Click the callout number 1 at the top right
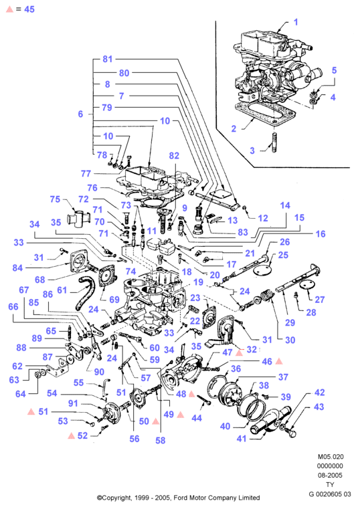tap(296, 22)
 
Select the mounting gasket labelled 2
tap(264, 115)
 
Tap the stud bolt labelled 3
tap(274, 142)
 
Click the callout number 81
tap(107, 59)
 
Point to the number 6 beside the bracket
tap(80, 114)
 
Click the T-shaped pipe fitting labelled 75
tap(78, 219)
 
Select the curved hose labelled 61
tap(85, 293)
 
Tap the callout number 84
tap(17, 268)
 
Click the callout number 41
tap(242, 439)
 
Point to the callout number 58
tap(160, 440)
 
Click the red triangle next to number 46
tap(279, 361)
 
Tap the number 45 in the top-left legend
tap(29, 9)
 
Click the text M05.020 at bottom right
tap(331, 457)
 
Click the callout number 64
tap(20, 394)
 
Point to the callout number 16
tap(321, 234)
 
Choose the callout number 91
tap(73, 403)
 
